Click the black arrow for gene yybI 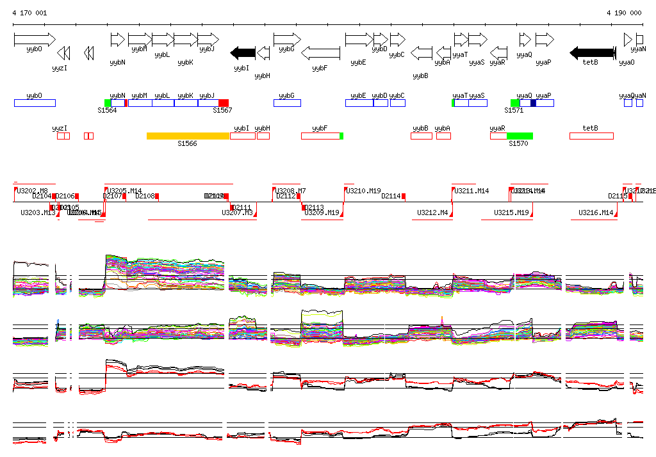(243, 52)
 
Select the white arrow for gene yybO (35, 40)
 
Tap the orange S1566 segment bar (188, 136)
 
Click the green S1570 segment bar (520, 136)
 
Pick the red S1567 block (224, 103)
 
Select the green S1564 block (108, 103)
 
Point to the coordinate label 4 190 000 (624, 13)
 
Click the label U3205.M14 (125, 191)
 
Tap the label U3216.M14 (596, 212)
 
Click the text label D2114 (391, 196)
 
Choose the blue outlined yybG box (287, 103)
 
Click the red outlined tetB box (591, 136)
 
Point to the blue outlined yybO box (35, 103)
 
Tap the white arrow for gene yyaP (545, 40)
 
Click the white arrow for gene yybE (359, 40)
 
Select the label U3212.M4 (432, 212)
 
